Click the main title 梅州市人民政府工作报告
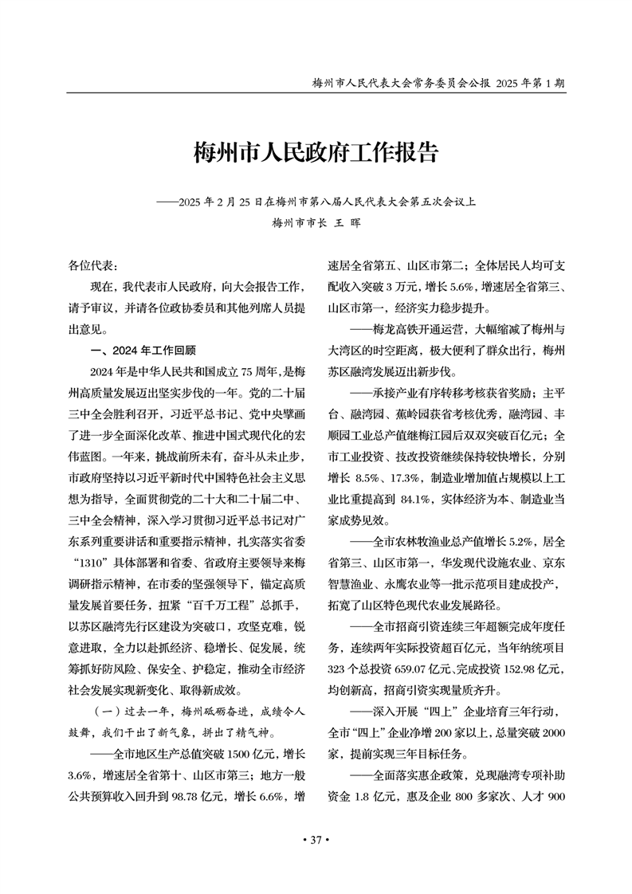click(x=316, y=152)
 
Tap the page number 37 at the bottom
click(x=316, y=840)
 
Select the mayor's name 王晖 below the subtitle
click(x=343, y=224)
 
